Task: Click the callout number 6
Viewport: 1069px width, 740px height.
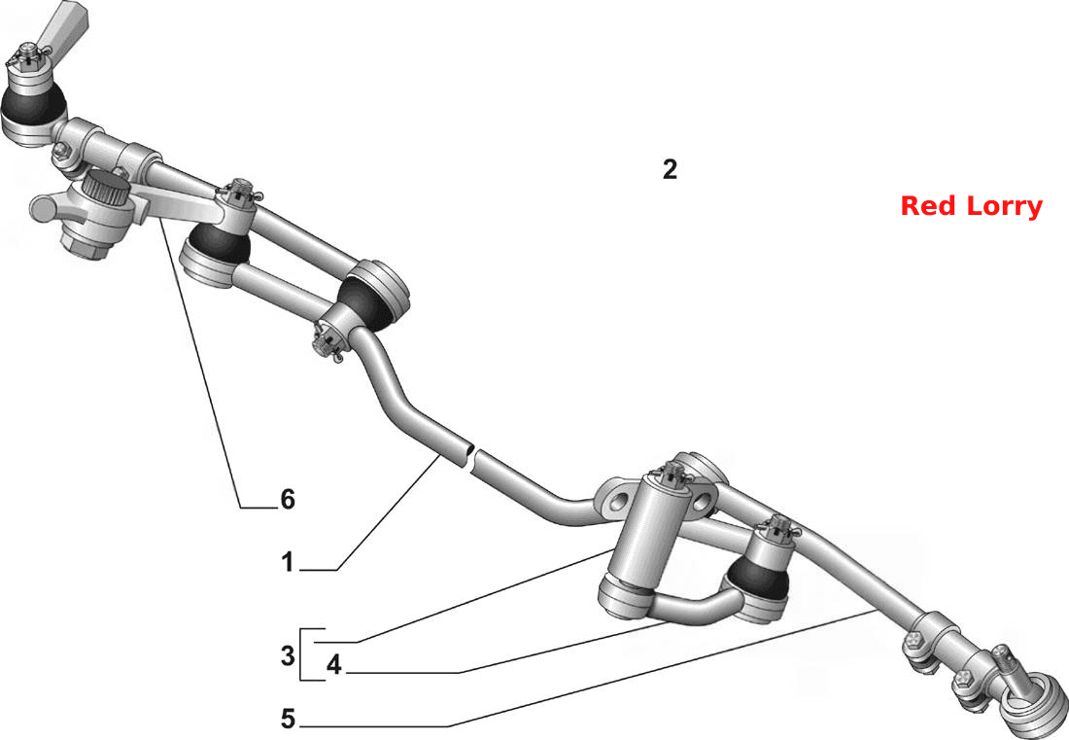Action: tap(288, 500)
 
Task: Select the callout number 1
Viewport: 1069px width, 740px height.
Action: tap(288, 563)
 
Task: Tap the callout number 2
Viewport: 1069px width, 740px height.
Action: tap(671, 169)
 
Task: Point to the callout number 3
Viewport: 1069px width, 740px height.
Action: tap(288, 655)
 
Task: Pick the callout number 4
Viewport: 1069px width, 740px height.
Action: tap(333, 664)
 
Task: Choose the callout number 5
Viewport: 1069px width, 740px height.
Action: tap(289, 719)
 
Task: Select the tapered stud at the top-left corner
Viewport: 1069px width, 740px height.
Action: tap(64, 24)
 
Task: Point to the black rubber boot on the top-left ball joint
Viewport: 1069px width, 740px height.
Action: tap(33, 106)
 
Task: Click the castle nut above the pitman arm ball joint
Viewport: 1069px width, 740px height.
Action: tap(239, 193)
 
